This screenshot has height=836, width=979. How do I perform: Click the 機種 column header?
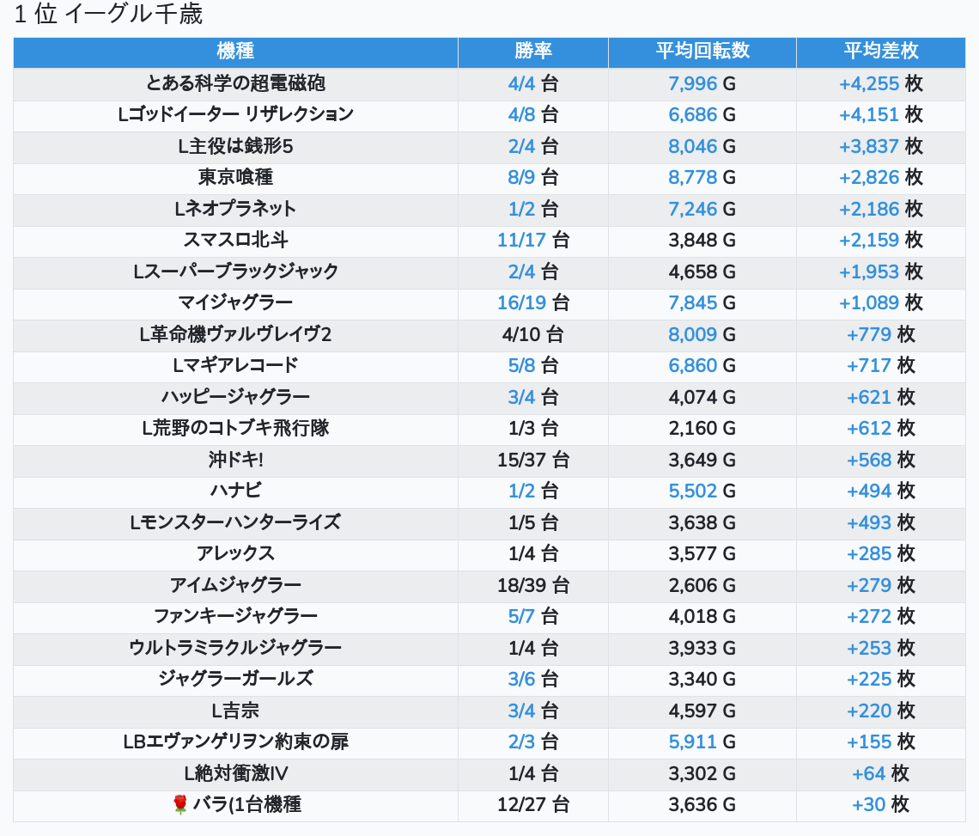click(x=235, y=52)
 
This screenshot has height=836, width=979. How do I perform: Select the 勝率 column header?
click(x=533, y=52)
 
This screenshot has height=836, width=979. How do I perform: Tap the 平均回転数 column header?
click(x=702, y=52)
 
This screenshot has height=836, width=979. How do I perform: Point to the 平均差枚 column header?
click(x=880, y=52)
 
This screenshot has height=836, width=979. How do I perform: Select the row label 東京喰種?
click(x=235, y=177)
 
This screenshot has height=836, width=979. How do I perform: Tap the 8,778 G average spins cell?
click(x=702, y=177)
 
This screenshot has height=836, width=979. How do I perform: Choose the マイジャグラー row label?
click(x=235, y=302)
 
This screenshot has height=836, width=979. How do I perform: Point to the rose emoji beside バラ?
click(x=180, y=804)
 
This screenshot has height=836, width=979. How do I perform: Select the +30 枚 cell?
click(x=880, y=805)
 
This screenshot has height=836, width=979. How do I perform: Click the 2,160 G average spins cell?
click(x=702, y=428)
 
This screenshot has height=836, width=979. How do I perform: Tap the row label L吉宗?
click(x=235, y=711)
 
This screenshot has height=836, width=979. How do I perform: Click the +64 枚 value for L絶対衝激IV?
click(x=880, y=773)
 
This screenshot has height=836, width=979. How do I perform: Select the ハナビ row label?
click(x=235, y=491)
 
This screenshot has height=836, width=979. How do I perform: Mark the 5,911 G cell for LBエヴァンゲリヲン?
click(x=702, y=741)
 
